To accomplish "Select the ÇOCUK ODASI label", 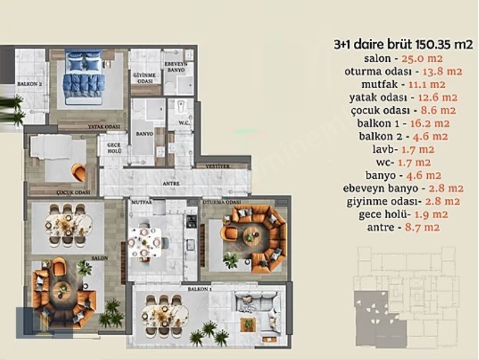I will (74, 192).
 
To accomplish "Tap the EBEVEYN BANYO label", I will (175, 66).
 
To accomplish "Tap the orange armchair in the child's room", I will (78, 171).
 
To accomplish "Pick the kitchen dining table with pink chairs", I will (145, 241).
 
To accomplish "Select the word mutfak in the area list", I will (374, 84).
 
